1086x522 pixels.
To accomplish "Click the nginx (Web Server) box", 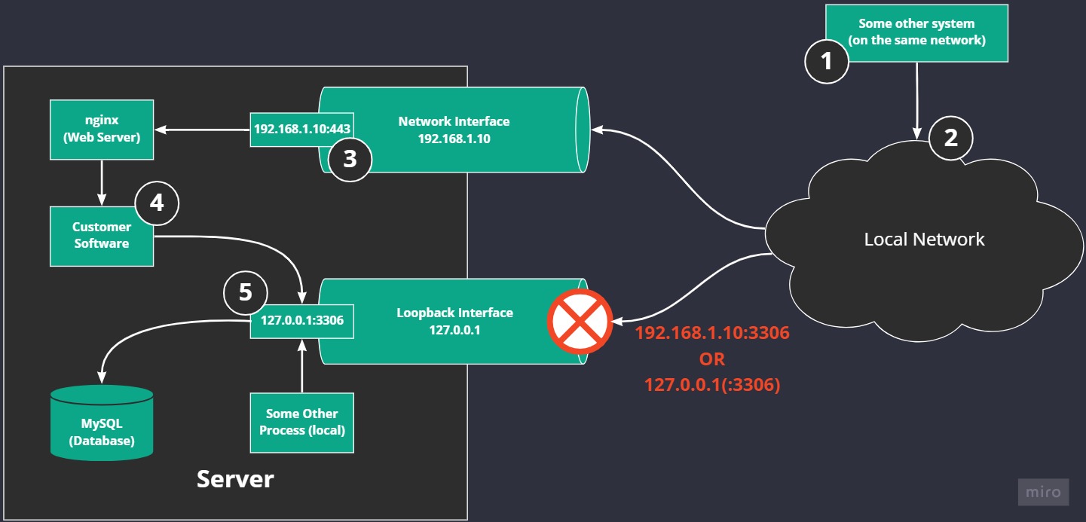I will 102,130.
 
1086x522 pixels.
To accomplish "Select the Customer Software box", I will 102,235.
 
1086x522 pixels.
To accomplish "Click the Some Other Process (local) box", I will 302,422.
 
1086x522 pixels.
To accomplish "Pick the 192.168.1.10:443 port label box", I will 302,129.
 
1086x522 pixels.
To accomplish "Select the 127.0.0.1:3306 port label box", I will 302,320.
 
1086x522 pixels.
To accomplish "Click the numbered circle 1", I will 827,60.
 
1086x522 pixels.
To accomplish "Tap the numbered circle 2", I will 951,138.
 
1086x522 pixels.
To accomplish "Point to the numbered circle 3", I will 350,159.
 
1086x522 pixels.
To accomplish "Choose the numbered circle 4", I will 157,203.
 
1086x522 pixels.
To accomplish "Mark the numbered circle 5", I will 246,293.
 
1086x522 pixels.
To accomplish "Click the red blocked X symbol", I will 580,322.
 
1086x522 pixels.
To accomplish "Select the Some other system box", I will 916,32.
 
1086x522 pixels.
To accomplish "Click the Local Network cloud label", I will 924,240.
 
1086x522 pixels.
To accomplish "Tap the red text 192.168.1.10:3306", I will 711,332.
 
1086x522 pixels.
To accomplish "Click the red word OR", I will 711,358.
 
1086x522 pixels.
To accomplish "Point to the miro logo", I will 1044,493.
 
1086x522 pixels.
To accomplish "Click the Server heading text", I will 235,478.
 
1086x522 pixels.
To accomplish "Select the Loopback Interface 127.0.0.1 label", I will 454,321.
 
